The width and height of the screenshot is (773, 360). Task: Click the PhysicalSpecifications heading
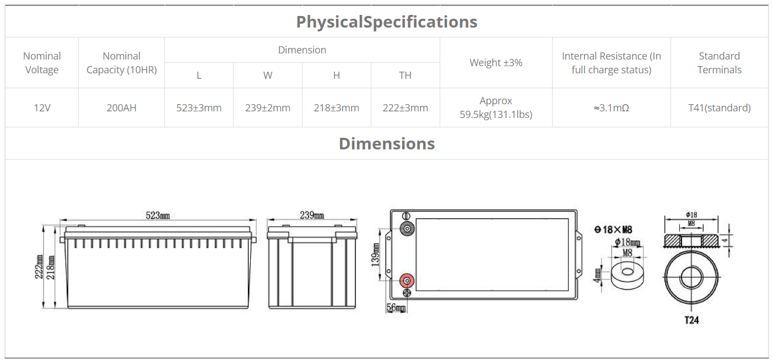387,22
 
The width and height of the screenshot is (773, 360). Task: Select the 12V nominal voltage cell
42,108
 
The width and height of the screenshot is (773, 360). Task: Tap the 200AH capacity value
121,108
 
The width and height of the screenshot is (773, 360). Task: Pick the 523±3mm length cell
199,108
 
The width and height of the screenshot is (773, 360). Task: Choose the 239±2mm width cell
268,108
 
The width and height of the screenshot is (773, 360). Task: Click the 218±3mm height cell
337,108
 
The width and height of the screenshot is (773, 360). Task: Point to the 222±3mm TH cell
405,108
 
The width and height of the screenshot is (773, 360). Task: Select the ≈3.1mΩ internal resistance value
611,108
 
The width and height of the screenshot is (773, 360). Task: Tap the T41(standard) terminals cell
720,108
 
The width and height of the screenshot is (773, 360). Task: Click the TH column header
405,75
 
